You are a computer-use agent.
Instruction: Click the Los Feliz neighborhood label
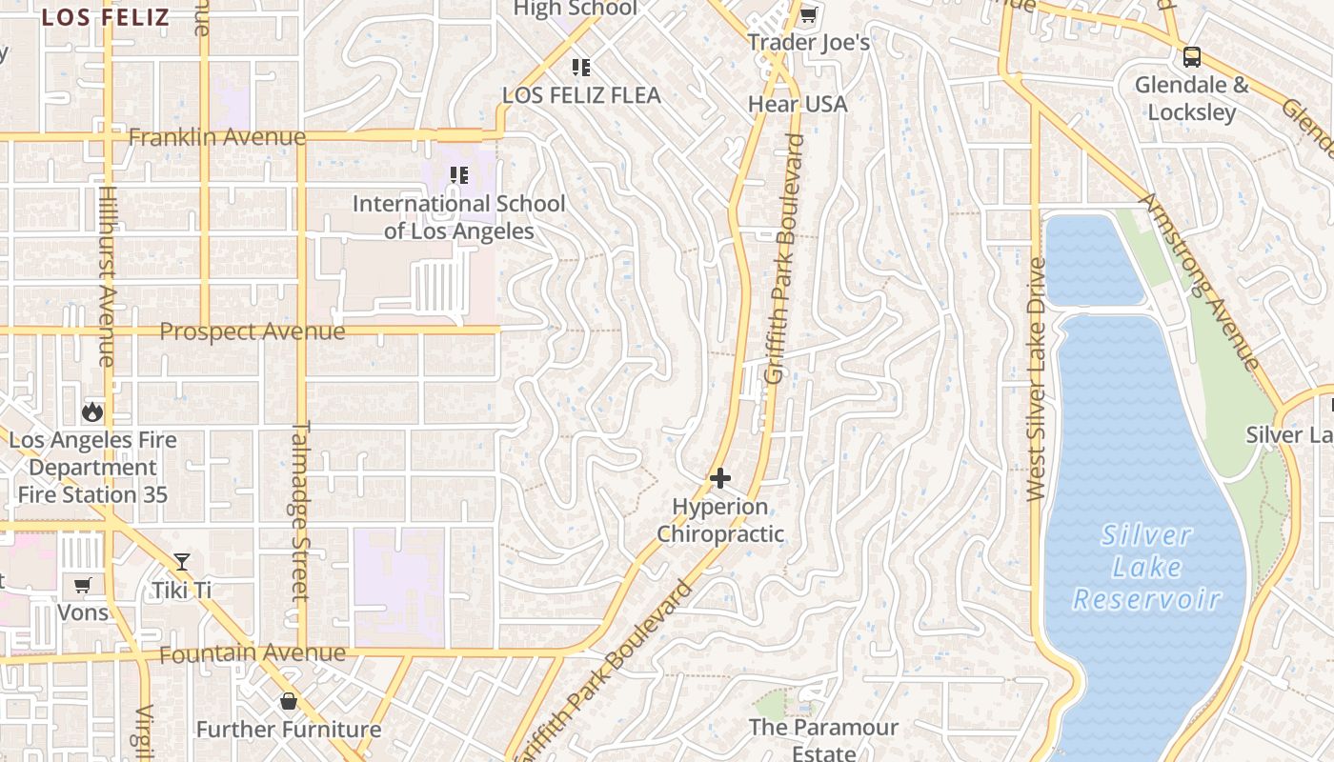tap(106, 17)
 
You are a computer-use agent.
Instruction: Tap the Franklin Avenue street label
tap(217, 137)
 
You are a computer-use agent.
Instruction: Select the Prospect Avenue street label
tap(252, 331)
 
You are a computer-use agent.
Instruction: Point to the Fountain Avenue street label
tap(252, 654)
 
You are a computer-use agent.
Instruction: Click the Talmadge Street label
tap(301, 510)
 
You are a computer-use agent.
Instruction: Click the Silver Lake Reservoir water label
tap(1147, 568)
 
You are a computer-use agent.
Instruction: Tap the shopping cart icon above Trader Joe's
tap(809, 14)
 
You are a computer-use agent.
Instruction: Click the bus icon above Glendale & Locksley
tap(1191, 57)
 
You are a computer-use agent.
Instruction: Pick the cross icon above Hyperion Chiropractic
tap(720, 477)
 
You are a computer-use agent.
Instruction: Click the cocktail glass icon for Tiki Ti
tap(182, 562)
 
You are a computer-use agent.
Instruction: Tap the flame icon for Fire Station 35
tap(92, 411)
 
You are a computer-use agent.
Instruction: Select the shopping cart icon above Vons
tap(83, 584)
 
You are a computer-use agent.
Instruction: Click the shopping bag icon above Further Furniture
tap(288, 702)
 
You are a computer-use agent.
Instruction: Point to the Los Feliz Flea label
tap(581, 95)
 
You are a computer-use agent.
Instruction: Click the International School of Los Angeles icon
tap(459, 175)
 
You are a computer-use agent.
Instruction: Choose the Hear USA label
tap(798, 104)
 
